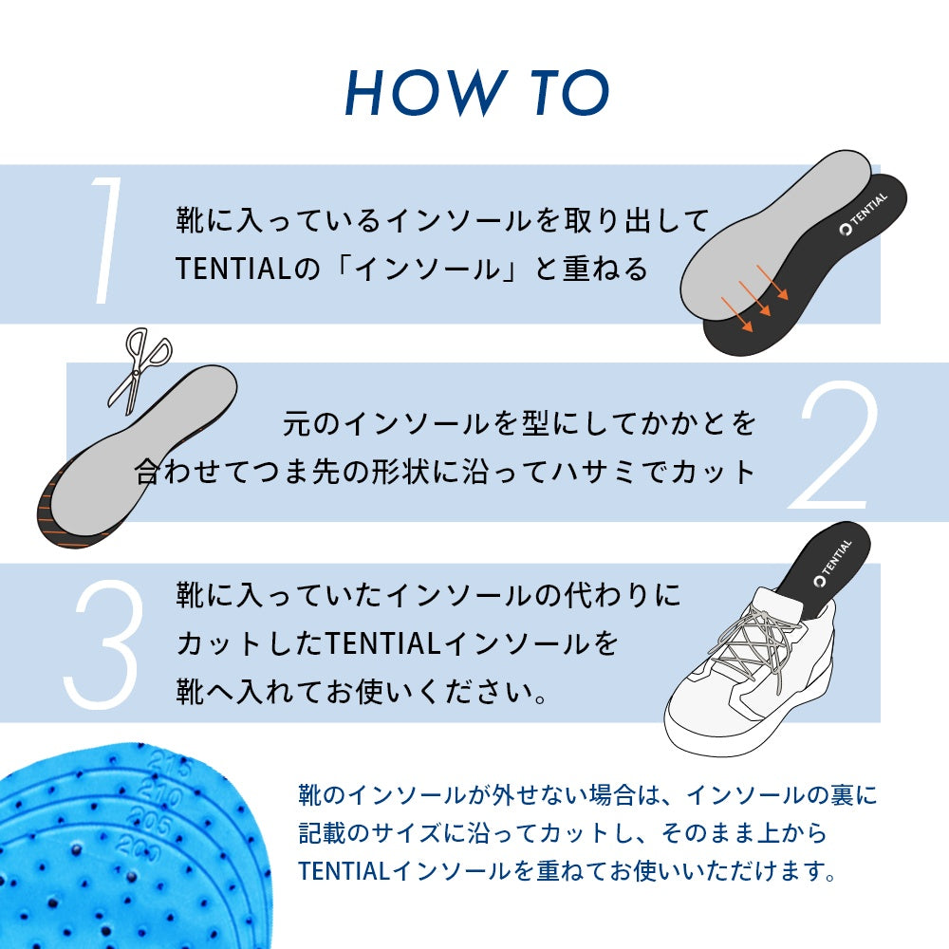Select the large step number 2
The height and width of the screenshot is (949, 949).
[833, 445]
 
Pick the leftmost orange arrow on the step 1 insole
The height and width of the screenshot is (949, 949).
[736, 315]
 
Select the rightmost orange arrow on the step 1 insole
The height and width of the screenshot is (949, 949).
[772, 282]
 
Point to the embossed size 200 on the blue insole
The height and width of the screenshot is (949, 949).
[140, 847]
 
